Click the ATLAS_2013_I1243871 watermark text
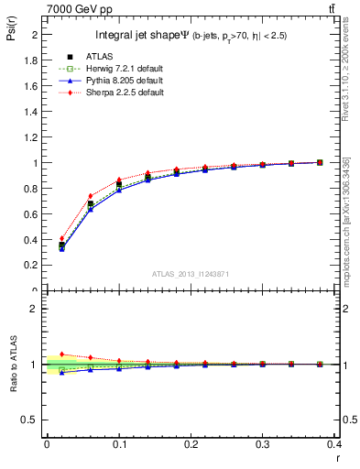click(x=191, y=274)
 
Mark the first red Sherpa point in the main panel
click(x=61, y=238)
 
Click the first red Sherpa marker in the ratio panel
click(x=61, y=354)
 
